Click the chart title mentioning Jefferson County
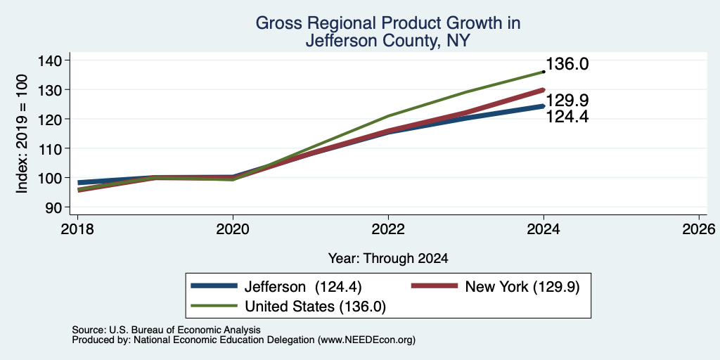click(x=387, y=32)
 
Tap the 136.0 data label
click(x=567, y=64)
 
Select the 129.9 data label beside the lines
click(x=567, y=101)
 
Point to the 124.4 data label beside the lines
click(x=567, y=117)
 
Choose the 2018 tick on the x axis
click(x=77, y=229)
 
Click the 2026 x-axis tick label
click(x=699, y=229)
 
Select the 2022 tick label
click(x=388, y=229)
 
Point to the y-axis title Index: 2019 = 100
click(x=22, y=134)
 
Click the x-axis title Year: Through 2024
click(x=388, y=259)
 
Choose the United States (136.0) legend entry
click(x=288, y=307)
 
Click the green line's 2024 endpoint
click(x=544, y=72)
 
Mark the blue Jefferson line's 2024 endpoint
click(x=544, y=106)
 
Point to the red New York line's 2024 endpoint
click(x=544, y=90)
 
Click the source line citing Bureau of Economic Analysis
click(x=166, y=330)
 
